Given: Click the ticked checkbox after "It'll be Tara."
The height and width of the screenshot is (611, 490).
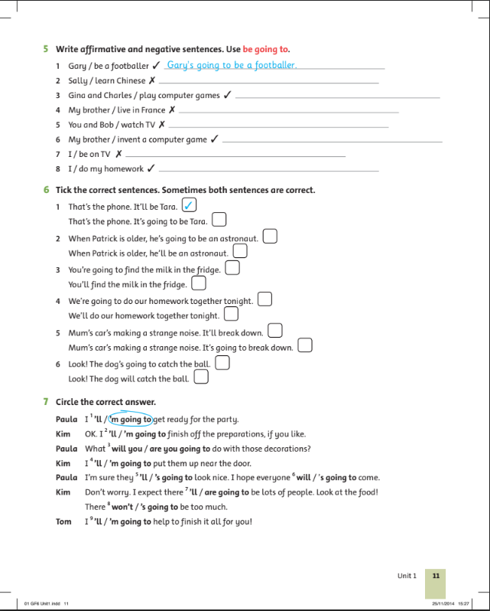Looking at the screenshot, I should [x=190, y=204].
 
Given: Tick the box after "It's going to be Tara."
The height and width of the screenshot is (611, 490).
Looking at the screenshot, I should [x=219, y=221].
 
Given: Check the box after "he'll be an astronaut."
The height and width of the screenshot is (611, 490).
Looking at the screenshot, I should [x=240, y=251].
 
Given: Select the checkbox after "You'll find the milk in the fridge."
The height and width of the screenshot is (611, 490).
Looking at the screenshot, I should [x=198, y=283].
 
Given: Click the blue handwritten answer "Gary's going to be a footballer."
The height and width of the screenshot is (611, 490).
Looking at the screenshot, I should [x=231, y=66].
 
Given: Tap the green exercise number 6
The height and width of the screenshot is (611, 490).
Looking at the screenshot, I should [x=47, y=190].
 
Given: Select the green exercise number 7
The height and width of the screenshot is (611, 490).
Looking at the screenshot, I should [x=47, y=402].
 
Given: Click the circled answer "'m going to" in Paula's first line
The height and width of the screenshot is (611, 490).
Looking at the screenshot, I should [x=131, y=419].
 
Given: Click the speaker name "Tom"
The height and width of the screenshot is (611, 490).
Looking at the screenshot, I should [x=63, y=522].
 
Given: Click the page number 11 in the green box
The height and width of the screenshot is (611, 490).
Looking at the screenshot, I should [x=435, y=575].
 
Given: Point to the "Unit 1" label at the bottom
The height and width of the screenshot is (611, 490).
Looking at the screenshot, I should [x=407, y=575].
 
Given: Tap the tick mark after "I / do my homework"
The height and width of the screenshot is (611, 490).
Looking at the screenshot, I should [x=151, y=169].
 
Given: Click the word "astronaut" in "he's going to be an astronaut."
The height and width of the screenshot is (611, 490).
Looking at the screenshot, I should [x=239, y=239].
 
